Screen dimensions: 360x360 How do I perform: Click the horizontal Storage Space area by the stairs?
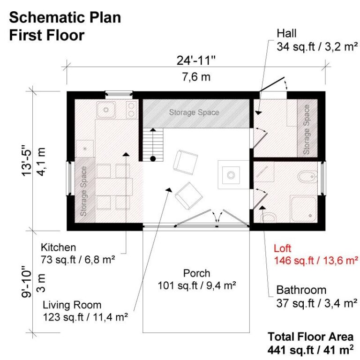(x=194, y=112)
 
